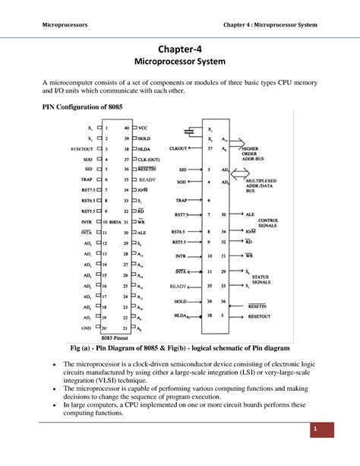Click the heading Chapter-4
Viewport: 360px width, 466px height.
tap(180, 49)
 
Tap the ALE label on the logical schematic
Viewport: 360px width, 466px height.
tap(251, 214)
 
